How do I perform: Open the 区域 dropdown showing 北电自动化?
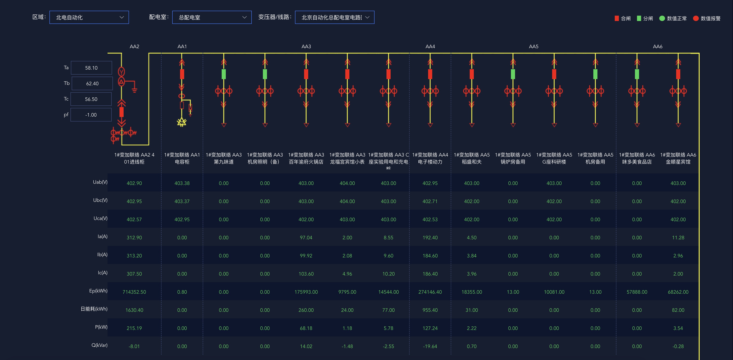(x=89, y=17)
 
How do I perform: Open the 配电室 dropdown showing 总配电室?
(x=212, y=17)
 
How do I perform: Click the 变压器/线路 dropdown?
(x=335, y=17)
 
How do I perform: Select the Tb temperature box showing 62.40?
(x=92, y=84)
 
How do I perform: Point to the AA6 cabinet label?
(x=658, y=46)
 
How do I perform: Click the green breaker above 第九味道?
(x=224, y=74)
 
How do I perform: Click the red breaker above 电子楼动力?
(x=430, y=74)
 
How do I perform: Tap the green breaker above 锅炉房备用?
(x=513, y=74)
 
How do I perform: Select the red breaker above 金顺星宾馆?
(x=678, y=74)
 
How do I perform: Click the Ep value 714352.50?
(x=134, y=292)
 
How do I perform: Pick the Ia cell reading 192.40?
(x=430, y=238)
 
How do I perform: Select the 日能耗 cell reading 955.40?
(x=430, y=310)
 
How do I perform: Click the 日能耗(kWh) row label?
(x=94, y=309)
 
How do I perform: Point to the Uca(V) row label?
(x=101, y=218)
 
